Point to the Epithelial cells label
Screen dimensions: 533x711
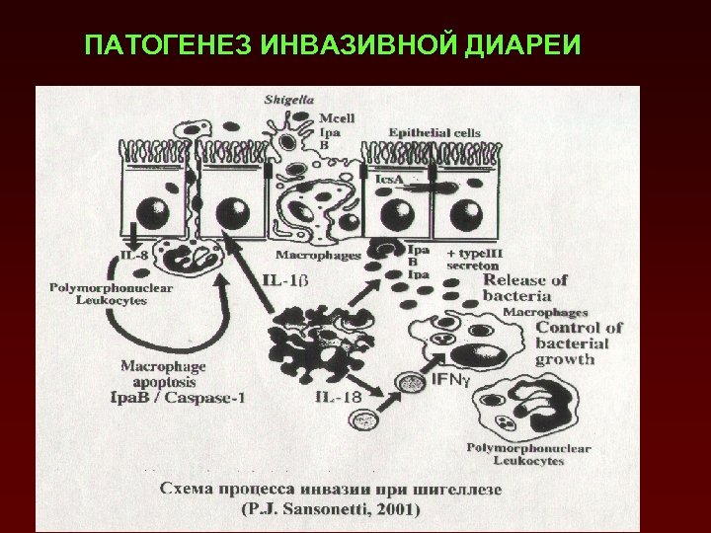tap(434, 131)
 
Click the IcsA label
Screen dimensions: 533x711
tap(392, 180)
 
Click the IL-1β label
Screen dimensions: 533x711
tap(286, 280)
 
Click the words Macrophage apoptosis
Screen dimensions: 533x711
tap(158, 373)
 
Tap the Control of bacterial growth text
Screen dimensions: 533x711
tap(578, 343)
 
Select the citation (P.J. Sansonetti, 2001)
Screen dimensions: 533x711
tap(330, 510)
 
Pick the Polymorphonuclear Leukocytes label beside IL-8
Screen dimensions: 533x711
tap(98, 294)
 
